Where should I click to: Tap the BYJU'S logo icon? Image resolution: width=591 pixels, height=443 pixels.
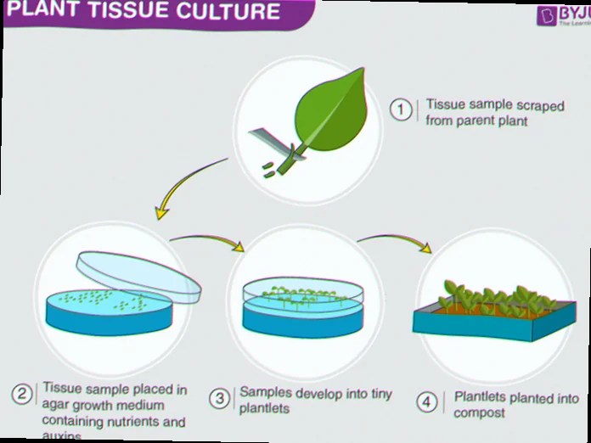(546, 15)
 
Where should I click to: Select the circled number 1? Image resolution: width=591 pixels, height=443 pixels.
(400, 110)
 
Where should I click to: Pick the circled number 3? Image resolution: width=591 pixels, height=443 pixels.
(220, 398)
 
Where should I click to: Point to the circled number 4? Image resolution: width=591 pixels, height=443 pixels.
(428, 401)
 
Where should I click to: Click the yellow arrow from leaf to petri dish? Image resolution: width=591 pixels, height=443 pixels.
(183, 187)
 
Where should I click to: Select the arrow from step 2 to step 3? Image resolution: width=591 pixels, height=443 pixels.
(208, 239)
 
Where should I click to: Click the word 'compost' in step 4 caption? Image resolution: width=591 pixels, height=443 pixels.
(480, 413)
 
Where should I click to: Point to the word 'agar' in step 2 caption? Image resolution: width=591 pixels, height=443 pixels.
(56, 406)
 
